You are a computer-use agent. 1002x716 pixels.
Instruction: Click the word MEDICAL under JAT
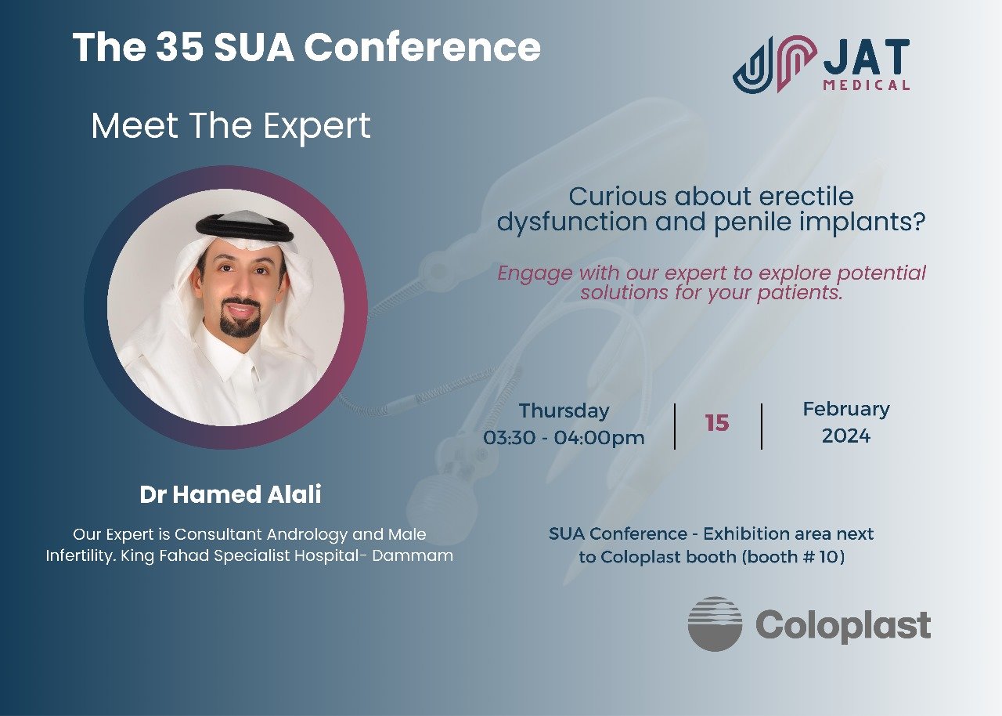pos(867,85)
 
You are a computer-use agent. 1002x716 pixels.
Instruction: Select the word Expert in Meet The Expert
pos(317,127)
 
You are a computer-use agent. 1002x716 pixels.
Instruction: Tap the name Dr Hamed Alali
pos(230,494)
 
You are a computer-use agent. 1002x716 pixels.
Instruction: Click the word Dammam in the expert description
pos(413,555)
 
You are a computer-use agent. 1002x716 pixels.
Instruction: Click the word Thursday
pos(564,411)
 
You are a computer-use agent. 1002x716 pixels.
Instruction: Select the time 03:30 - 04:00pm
pos(564,438)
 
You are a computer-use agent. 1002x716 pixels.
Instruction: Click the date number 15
pos(717,423)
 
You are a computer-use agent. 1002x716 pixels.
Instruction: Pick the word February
pos(846,410)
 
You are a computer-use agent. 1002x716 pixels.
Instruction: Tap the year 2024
pos(846,436)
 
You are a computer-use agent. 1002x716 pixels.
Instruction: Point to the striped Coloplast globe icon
pos(715,624)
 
